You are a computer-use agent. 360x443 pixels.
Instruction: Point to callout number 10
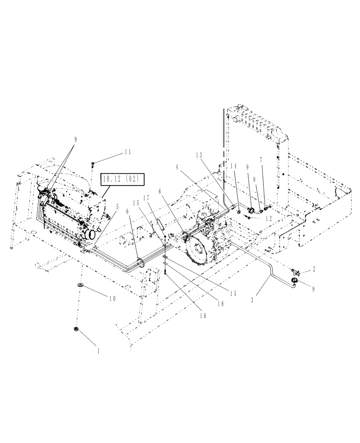111,299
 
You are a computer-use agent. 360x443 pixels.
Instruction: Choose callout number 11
127,152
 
